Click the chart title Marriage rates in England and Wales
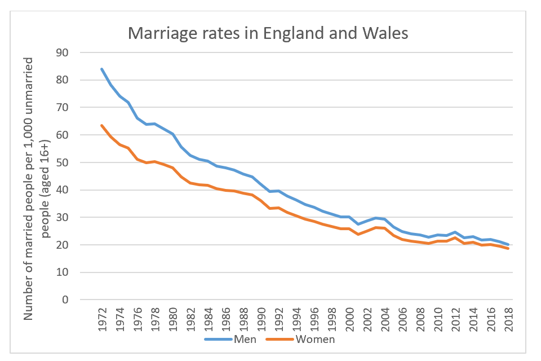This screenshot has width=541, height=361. click(268, 33)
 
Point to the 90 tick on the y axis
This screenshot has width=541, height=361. click(70, 52)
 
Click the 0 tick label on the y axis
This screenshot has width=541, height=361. click(73, 300)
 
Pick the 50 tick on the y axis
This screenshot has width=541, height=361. click(70, 162)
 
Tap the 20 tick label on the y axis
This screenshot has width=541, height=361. click(70, 245)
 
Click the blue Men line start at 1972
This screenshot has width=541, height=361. click(101, 69)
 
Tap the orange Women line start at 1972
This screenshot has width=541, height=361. click(101, 125)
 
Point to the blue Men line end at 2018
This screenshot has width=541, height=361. click(508, 244)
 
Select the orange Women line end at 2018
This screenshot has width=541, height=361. click(508, 248)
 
